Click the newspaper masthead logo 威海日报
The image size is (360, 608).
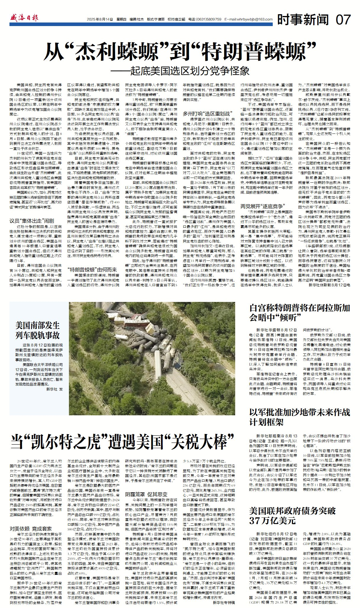pyautogui.click(x=24, y=18)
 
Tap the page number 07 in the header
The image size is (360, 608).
pyautogui.click(x=343, y=20)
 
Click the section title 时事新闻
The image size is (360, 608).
pyautogui.click(x=303, y=20)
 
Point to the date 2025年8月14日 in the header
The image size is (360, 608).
pyautogui.click(x=100, y=20)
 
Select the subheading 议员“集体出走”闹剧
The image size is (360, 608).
pyautogui.click(x=32, y=221)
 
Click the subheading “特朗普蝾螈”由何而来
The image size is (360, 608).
pyautogui.click(x=92, y=270)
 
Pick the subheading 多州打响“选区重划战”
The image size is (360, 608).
pyautogui.click(x=206, y=114)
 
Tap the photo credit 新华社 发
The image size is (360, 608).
pyautogui.click(x=54, y=389)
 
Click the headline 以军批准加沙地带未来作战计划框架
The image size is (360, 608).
pyautogui.click(x=300, y=417)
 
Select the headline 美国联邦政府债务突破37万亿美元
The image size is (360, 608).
pyautogui.click(x=293, y=515)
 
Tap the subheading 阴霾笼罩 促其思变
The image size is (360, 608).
pyautogui.click(x=146, y=494)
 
